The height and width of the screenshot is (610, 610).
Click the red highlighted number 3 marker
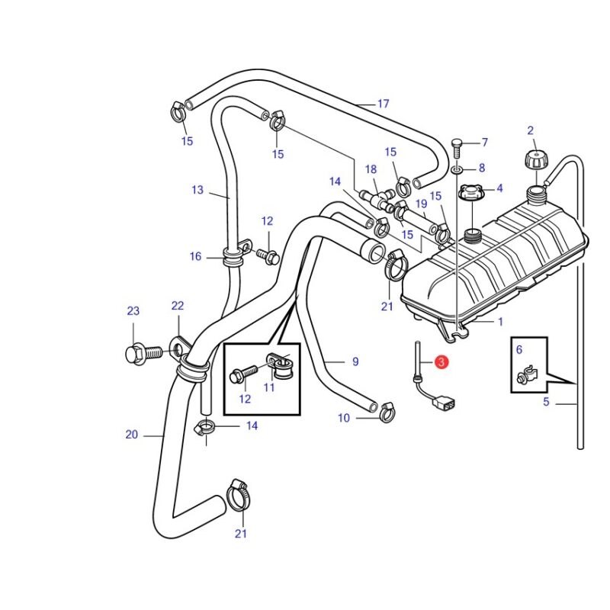[x=441, y=362]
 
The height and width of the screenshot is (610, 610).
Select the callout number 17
[x=384, y=104]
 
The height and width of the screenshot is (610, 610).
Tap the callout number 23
[x=133, y=311]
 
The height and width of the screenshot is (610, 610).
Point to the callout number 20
[x=131, y=434]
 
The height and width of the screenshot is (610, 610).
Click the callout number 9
[x=355, y=361]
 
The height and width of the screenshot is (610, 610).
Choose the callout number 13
[x=197, y=189]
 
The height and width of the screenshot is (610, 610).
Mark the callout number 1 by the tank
[x=500, y=322]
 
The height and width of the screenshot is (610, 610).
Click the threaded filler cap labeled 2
[x=535, y=160]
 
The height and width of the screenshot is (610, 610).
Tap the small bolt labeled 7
[x=457, y=148]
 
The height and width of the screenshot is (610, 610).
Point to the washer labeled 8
[x=457, y=170]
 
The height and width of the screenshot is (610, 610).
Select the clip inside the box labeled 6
[x=527, y=376]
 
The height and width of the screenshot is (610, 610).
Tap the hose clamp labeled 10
[x=387, y=413]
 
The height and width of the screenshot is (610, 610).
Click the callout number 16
[x=195, y=256]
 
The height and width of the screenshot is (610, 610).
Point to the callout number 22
[x=178, y=306]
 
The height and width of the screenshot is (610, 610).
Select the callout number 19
[x=422, y=204]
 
